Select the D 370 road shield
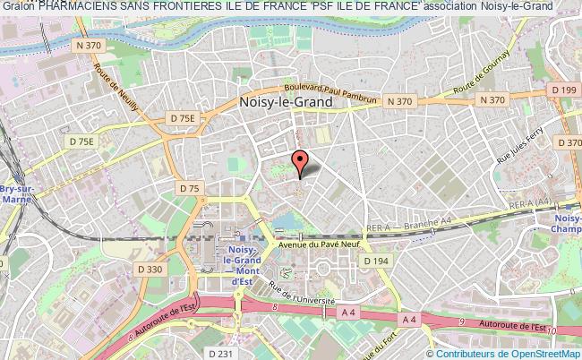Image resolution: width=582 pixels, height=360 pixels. [569, 141]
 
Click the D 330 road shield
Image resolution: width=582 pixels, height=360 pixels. [151, 268]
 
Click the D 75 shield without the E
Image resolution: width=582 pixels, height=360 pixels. [189, 188]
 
